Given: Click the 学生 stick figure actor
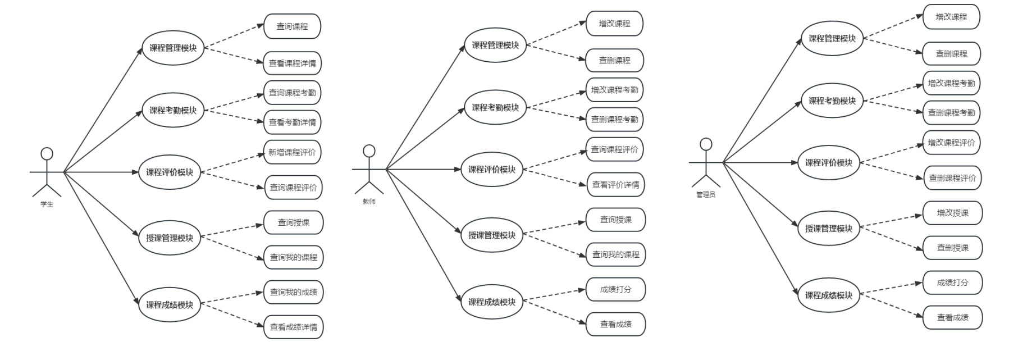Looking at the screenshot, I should pos(47,172).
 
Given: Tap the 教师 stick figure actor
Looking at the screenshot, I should pos(369,169).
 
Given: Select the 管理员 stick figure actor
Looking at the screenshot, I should pos(706,162).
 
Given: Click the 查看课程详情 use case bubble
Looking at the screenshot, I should pos(292,63).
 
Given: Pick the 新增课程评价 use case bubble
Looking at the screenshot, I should pos(292,152).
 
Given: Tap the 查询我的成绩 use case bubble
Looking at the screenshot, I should pos(293,292).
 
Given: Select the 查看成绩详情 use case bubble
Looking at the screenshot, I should pos(293,327).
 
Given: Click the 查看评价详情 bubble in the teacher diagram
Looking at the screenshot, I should pos(615,185).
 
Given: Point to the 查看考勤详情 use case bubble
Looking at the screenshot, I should pos(292,122).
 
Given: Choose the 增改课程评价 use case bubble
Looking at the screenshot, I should pos(951,143).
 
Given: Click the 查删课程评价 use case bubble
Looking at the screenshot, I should pos(952,178).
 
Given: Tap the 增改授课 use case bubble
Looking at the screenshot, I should pos(952,213).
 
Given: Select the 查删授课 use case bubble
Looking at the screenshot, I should pos(952,248).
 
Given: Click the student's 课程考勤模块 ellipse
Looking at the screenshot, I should pos(173,110).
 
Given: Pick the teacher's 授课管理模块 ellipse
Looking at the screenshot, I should pos(492,235).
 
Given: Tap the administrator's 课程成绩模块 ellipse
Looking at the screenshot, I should pos(829,295).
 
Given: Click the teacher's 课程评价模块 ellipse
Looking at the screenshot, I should pos(492,170).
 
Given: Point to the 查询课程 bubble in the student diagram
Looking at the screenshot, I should pos(292,26).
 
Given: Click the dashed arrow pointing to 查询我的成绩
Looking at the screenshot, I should pos(232,298).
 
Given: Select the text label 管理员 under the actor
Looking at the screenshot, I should pos(706,195).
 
